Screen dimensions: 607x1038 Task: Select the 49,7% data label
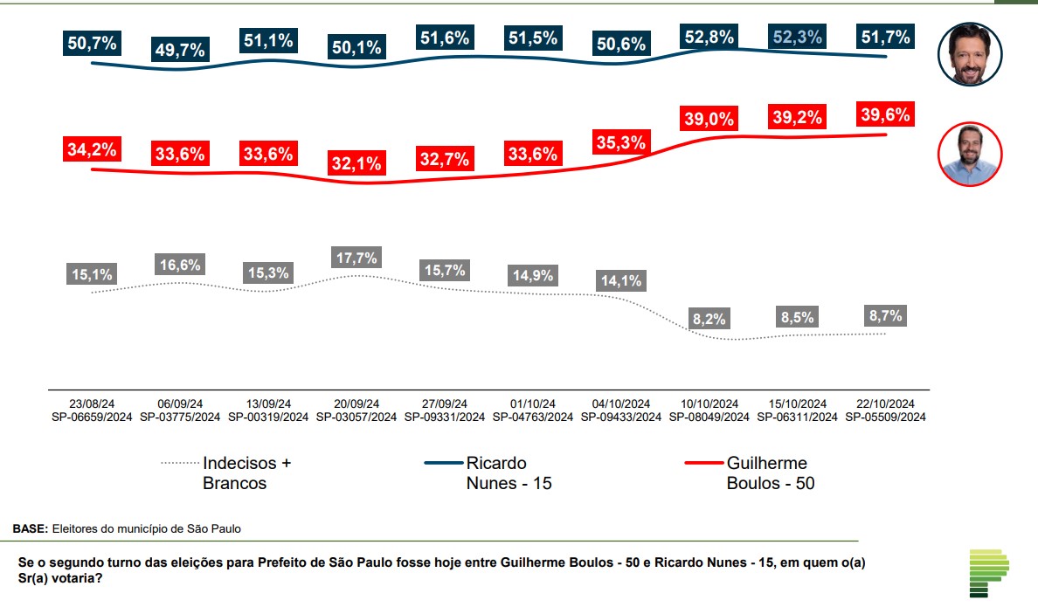pyautogui.click(x=179, y=50)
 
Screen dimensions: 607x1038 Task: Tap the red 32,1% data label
pyautogui.click(x=356, y=163)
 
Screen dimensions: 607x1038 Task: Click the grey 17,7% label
pyautogui.click(x=356, y=259)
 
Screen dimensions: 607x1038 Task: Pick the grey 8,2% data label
pyautogui.click(x=709, y=319)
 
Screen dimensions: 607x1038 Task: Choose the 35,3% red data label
pyautogui.click(x=621, y=141)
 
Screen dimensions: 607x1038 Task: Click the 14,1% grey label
pyautogui.click(x=621, y=280)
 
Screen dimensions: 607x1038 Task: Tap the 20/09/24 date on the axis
pyautogui.click(x=356, y=404)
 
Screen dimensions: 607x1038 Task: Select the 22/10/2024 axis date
pyautogui.click(x=886, y=404)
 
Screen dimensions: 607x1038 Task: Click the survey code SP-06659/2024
pyautogui.click(x=91, y=417)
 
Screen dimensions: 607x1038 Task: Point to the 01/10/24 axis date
pyautogui.click(x=533, y=404)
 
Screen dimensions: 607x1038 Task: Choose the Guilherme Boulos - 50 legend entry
pyautogui.click(x=770, y=472)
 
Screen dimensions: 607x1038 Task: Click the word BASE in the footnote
pyautogui.click(x=30, y=528)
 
